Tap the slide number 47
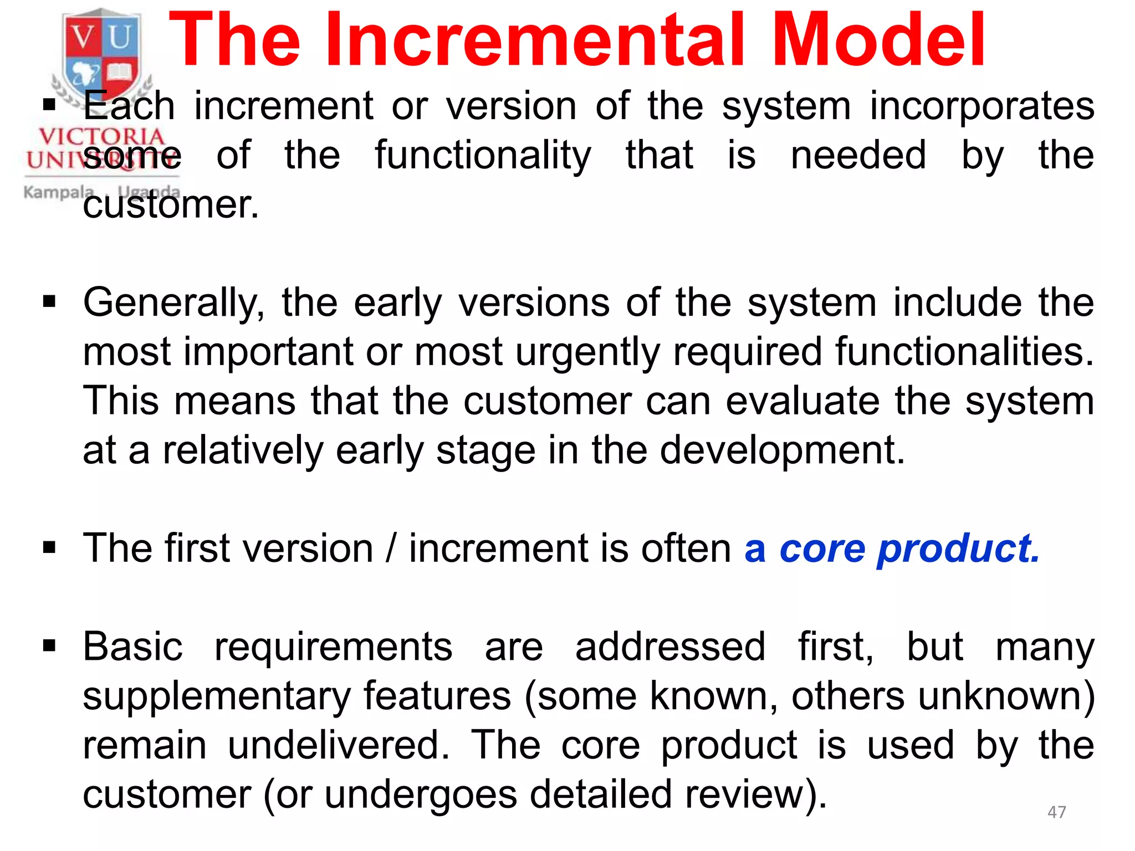pyautogui.click(x=1056, y=812)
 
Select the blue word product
pyautogui.click(x=959, y=550)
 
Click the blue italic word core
pyautogui.click(x=822, y=550)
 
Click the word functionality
pyautogui.click(x=483, y=156)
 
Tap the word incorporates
pyautogui.click(x=981, y=106)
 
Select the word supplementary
pyautogui.click(x=217, y=697)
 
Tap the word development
pyautogui.click(x=782, y=450)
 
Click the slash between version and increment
pyautogui.click(x=391, y=548)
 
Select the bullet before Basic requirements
pyautogui.click(x=49, y=645)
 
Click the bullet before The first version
pyautogui.click(x=49, y=548)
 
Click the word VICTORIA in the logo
pyautogui.click(x=101, y=136)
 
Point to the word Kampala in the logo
pyautogui.click(x=58, y=192)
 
